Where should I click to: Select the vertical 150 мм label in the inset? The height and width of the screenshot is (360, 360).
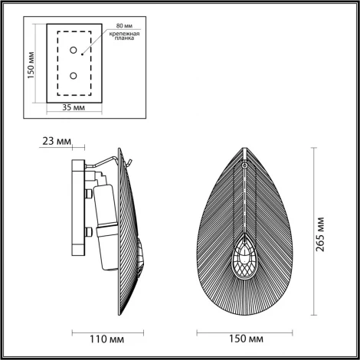click(31, 64)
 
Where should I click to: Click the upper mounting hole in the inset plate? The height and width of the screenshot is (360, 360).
click(74, 51)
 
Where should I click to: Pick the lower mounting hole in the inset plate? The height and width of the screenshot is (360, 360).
click(74, 75)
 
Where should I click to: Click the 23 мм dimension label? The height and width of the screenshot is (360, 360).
click(58, 142)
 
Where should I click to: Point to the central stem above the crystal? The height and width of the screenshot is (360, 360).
click(244, 199)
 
